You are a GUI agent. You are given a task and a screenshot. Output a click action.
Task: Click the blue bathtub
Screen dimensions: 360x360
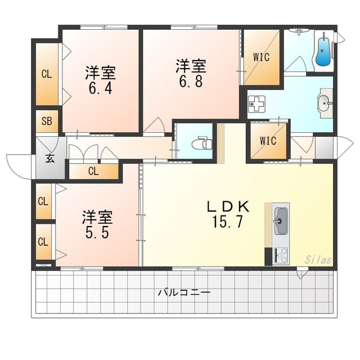coord(323,52)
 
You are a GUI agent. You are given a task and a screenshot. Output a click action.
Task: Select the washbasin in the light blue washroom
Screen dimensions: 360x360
coord(323,103)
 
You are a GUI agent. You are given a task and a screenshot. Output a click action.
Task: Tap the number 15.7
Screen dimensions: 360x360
coord(228,222)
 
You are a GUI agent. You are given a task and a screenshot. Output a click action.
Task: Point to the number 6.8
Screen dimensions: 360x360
coord(190,80)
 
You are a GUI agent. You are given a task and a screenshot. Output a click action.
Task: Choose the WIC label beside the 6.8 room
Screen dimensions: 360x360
coord(261,56)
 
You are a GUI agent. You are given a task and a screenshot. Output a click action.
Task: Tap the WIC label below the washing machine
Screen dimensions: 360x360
coord(268,141)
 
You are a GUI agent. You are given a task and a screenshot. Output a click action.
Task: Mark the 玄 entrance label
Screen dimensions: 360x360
coord(49,159)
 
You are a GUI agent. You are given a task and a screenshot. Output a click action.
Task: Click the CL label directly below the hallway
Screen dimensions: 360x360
coord(93,172)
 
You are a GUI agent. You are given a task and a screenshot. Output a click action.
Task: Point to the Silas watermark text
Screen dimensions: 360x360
coord(318,259)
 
